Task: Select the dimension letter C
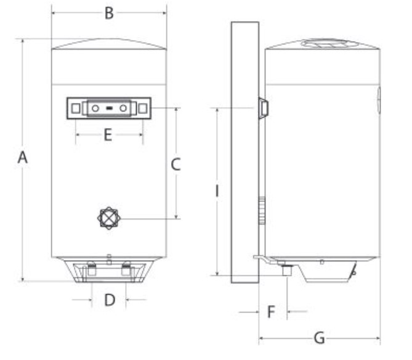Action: coord(176,164)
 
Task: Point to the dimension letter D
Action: coord(109,300)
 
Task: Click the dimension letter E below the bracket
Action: coord(108,135)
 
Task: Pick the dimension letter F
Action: coord(271,312)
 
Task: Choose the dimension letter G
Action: coord(319,338)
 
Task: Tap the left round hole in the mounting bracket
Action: coord(95,108)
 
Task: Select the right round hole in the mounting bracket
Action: coord(123,108)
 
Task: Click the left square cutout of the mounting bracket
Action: coord(75,108)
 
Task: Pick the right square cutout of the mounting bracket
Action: coord(143,108)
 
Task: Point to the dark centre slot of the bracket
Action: coord(109,108)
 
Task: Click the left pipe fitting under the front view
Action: coord(91,269)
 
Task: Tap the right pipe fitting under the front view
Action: coord(126,269)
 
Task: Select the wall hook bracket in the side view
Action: coord(263,108)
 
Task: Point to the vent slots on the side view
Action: coord(262,210)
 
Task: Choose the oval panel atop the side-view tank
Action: coord(327,44)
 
